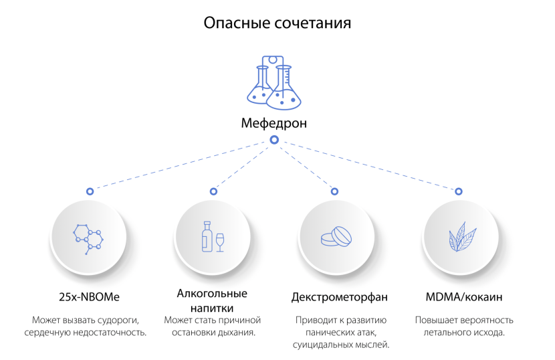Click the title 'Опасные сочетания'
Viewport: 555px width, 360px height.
277,23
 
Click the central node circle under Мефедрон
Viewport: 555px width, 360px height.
273,140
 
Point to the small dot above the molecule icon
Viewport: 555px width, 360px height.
89,191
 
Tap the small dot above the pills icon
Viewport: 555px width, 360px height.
334,191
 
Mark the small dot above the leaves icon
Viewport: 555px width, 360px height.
458,191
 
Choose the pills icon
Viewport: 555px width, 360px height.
335,236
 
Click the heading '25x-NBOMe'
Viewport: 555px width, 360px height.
89,296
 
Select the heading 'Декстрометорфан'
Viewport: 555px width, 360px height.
340,296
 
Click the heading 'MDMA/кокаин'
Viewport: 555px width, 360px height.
463,296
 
